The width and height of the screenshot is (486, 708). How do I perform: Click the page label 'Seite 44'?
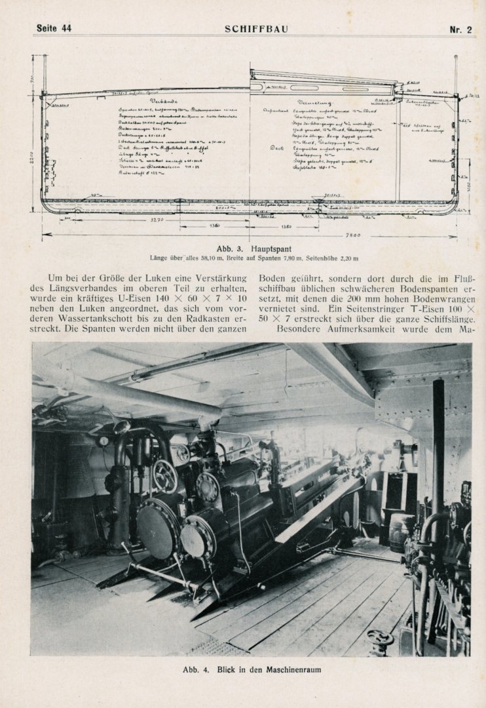54,28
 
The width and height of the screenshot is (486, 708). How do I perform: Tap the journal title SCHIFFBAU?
256,28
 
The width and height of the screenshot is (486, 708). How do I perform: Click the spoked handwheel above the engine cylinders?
165,475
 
